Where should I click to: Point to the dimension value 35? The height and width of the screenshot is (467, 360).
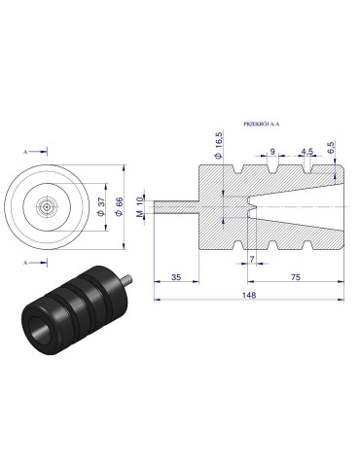[175, 276]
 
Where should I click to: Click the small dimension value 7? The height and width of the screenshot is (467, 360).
[250, 260]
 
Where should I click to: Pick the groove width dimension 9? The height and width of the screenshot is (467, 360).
[271, 152]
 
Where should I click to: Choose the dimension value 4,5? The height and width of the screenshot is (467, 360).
[306, 152]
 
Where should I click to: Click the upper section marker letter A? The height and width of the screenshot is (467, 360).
[25, 153]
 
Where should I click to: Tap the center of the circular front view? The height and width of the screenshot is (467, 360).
[47, 207]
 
